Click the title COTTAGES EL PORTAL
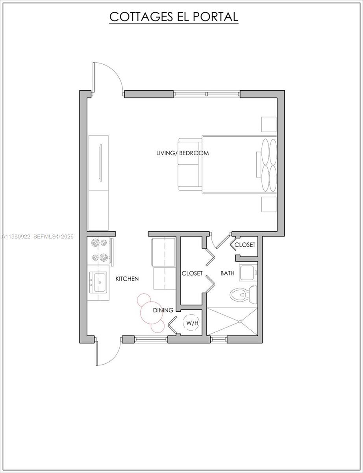coord(174,17)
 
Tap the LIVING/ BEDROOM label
coord(182,153)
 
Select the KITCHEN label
coord(127,279)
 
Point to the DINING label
coord(163,310)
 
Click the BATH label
coord(227,273)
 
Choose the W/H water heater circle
coord(192,323)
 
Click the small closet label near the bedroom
coord(245,245)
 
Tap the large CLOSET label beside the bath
coord(192,273)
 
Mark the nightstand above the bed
coord(269,124)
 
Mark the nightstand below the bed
coord(269,205)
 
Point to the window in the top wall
coord(207,94)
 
